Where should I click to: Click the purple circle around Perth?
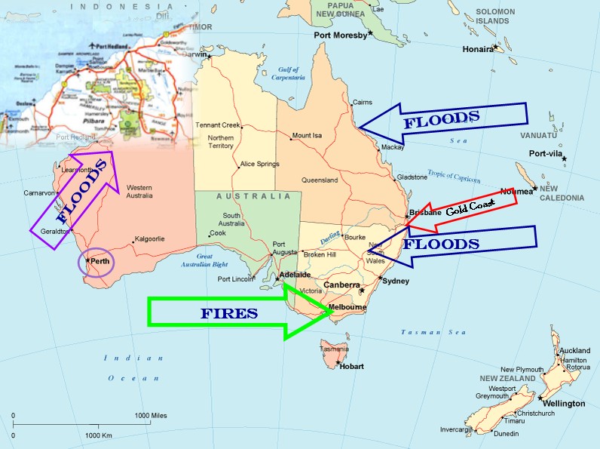(x=96, y=262)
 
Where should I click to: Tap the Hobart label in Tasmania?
(x=351, y=367)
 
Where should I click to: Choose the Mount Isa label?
(x=307, y=136)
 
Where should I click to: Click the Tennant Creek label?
(x=216, y=125)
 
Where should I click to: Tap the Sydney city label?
(x=396, y=281)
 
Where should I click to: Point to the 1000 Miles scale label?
(x=152, y=416)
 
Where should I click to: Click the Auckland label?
(x=575, y=351)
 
